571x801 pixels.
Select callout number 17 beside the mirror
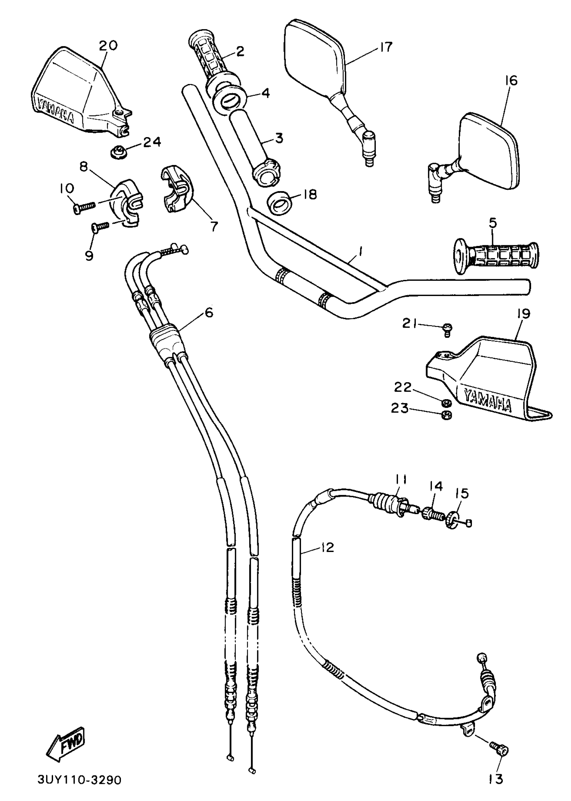pos(386,47)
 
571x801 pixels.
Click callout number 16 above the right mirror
pos(511,81)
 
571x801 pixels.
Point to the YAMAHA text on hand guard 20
pos(56,112)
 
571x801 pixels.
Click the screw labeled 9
pos(100,227)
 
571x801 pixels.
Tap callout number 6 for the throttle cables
pos(209,312)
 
